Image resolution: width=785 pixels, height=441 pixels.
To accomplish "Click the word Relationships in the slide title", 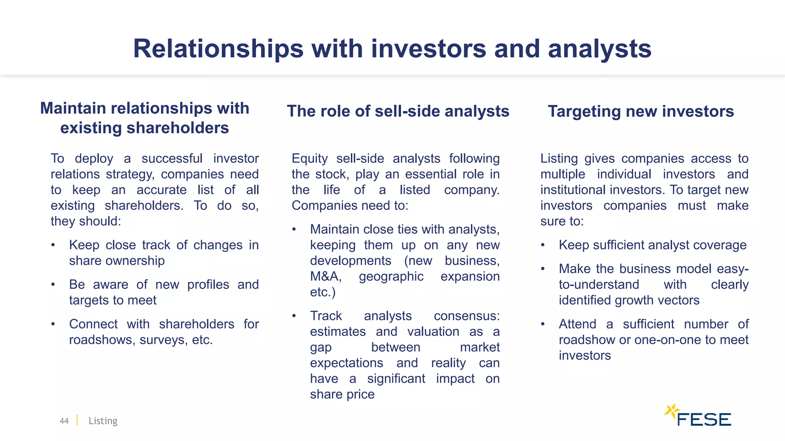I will (218, 49).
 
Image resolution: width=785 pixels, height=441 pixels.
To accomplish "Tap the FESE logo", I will (698, 416).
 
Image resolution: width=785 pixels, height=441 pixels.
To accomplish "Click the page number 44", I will (64, 421).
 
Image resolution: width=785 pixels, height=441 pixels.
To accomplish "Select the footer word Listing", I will (103, 421).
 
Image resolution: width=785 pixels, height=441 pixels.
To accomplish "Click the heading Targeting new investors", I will (640, 111).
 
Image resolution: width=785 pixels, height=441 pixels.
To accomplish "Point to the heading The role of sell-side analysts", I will (398, 111).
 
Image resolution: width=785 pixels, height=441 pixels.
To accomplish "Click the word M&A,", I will (325, 276).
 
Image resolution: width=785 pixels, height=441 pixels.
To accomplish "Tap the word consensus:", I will (466, 316).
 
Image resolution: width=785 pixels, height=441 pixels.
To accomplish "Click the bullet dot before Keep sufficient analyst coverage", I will (543, 245).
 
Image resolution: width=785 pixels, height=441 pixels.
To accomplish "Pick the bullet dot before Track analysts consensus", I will (294, 316).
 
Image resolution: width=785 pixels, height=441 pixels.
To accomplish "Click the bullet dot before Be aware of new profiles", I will (53, 284).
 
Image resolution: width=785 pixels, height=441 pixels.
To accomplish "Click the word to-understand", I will (599, 285).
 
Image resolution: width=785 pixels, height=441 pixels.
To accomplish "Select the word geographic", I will (391, 276).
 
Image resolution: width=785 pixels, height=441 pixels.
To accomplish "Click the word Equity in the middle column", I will (309, 158).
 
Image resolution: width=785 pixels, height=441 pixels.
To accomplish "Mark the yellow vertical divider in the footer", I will (77, 420).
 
